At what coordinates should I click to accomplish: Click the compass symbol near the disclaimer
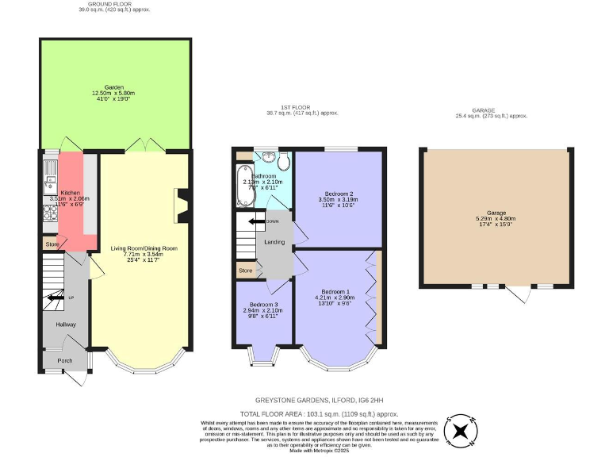click(460, 431)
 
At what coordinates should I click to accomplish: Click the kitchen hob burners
click(49, 212)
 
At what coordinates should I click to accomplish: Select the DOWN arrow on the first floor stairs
click(258, 221)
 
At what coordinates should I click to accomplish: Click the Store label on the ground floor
click(52, 244)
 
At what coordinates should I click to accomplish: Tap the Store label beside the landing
click(245, 271)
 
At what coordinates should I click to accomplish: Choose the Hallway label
click(66, 325)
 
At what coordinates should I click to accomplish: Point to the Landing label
click(274, 242)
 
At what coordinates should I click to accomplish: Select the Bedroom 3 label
click(263, 305)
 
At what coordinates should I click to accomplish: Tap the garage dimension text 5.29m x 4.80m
click(496, 219)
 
